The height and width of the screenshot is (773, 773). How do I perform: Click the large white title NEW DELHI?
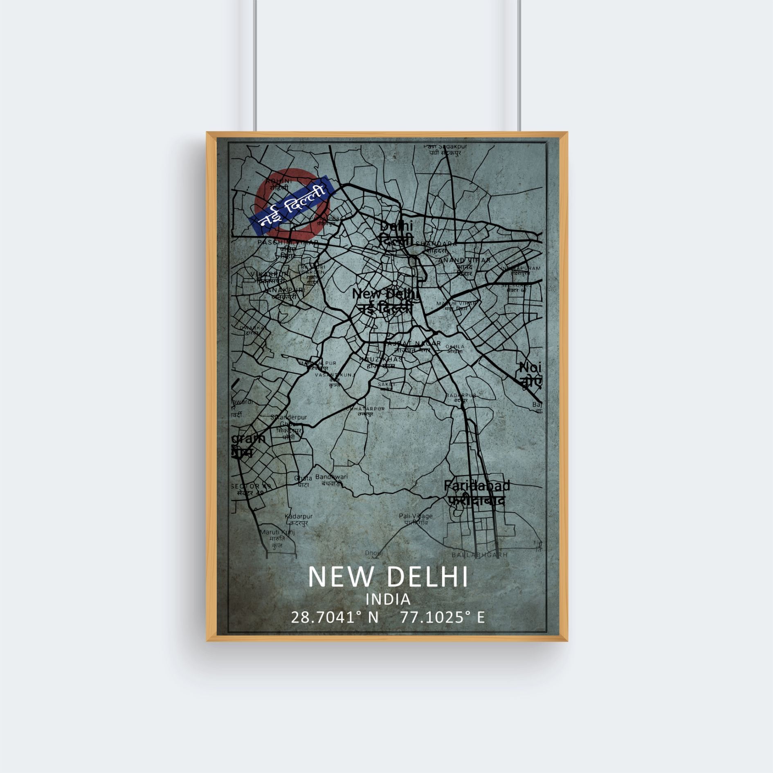[x=388, y=576]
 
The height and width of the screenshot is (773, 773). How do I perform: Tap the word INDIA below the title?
[x=388, y=600]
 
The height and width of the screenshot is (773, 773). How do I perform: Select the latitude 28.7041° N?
[x=335, y=618]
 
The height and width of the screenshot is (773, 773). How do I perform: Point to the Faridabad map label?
[x=477, y=486]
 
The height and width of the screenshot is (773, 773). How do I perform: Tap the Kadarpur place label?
[x=299, y=517]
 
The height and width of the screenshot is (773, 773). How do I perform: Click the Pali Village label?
[x=416, y=516]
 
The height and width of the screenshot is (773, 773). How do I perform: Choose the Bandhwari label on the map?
[x=331, y=477]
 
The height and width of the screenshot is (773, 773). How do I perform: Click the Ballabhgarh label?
[x=479, y=555]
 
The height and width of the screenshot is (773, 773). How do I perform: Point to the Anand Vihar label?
[x=464, y=260]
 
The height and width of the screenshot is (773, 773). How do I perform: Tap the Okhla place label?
[x=455, y=347]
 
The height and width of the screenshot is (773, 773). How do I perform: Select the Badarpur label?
[x=461, y=395]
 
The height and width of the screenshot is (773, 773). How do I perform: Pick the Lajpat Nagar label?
[x=413, y=344]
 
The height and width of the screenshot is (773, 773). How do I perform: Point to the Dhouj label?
[x=373, y=553]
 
